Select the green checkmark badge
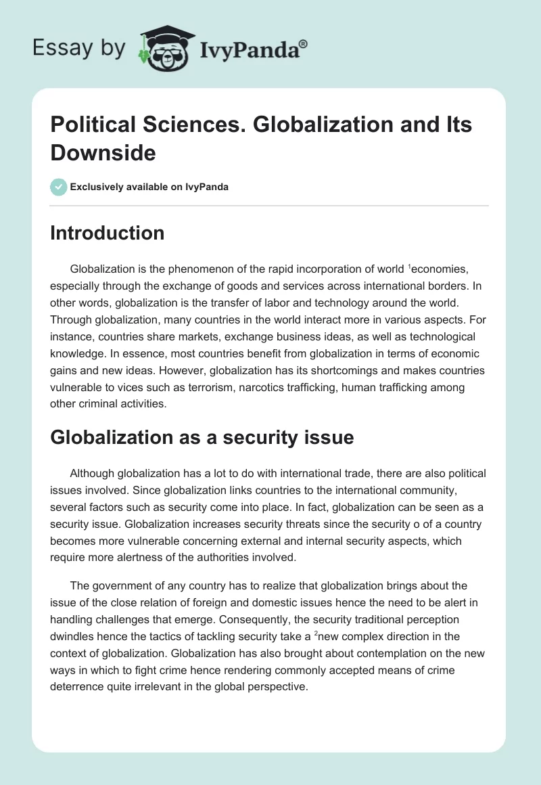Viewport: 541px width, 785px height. click(59, 187)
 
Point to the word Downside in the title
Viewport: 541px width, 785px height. click(103, 153)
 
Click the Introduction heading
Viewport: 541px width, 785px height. click(107, 233)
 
